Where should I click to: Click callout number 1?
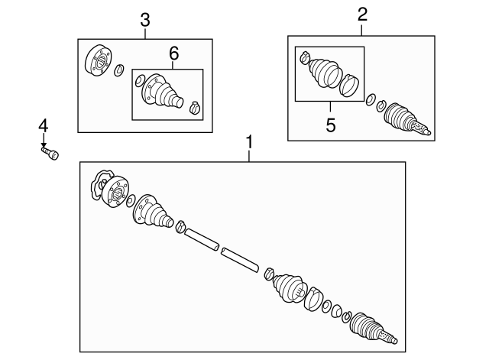tap(248, 142)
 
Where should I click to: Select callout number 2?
tap(362, 14)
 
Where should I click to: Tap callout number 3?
tap(145, 19)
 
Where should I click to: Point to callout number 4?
tap(44, 125)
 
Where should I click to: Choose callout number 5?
tap(331, 125)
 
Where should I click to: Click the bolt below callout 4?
tap(50, 153)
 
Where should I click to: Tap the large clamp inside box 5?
tap(351, 86)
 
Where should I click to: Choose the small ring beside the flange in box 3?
tap(118, 72)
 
